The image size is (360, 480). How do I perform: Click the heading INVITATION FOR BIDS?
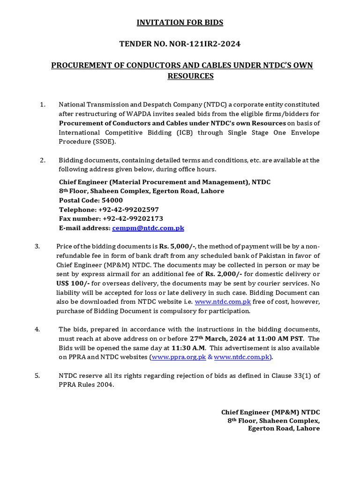coord(180,22)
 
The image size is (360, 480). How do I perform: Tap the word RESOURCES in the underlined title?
coord(190,76)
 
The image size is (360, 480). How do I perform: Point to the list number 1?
coord(43,105)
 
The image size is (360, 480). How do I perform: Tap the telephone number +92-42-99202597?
coord(128,210)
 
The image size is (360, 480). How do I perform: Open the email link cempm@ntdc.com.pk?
coord(148,228)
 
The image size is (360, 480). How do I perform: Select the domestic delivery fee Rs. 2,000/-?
coord(223,274)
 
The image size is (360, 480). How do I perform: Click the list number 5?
coord(37,376)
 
